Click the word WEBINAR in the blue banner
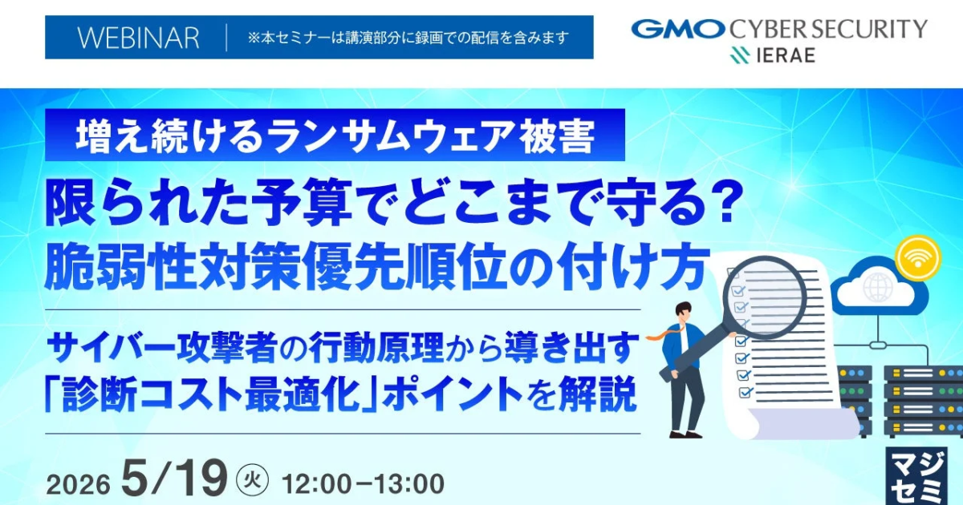[x=138, y=38]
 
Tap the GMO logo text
[x=677, y=29]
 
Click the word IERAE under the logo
[x=785, y=55]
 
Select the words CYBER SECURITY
[x=828, y=29]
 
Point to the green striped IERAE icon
[x=740, y=55]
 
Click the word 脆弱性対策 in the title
[x=172, y=266]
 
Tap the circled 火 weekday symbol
[x=253, y=479]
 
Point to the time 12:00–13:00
[x=364, y=483]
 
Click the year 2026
[x=79, y=484]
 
